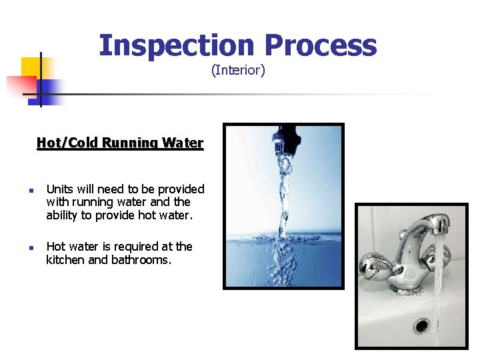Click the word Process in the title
(x=320, y=45)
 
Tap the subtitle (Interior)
(x=238, y=70)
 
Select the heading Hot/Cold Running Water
(x=120, y=143)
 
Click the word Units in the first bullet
(x=59, y=189)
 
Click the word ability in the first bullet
(x=63, y=215)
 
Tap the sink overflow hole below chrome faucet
(x=421, y=325)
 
